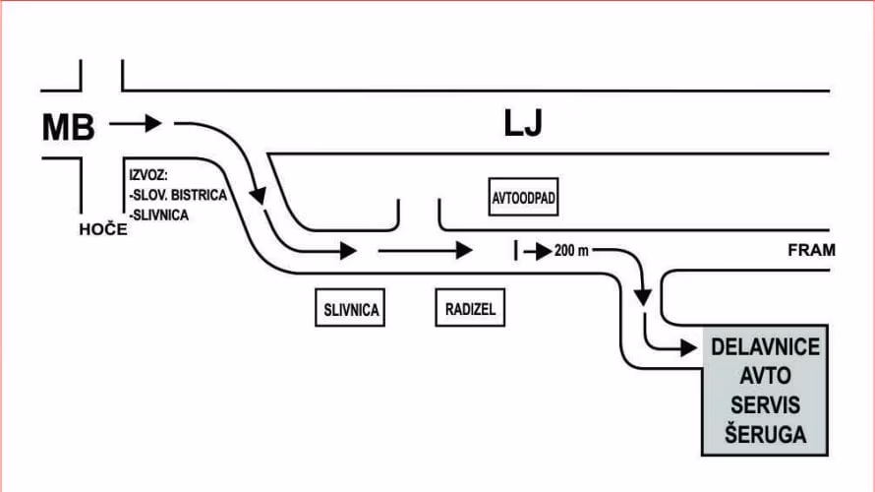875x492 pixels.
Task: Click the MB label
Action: point(67,127)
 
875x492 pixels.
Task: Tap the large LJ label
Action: point(522,125)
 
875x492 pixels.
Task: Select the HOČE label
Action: point(103,229)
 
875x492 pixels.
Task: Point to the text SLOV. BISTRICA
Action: point(178,195)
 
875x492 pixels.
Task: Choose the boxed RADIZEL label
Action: point(467,309)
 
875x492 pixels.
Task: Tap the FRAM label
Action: point(811,250)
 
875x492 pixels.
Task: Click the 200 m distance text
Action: point(571,251)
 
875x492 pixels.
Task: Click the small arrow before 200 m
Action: point(536,251)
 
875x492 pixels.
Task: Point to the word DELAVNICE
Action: point(765,348)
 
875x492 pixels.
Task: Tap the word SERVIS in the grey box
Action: point(765,404)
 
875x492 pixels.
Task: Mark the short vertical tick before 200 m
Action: point(514,250)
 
